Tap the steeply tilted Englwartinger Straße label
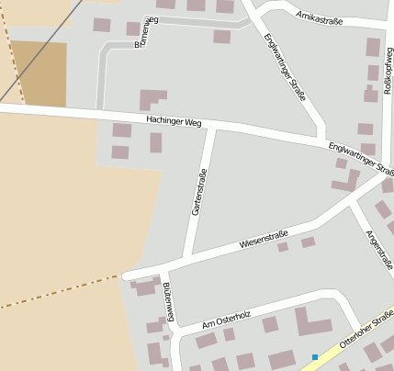pos(284,67)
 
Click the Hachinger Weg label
pos(173,121)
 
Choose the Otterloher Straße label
pos(366,329)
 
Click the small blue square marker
pos(314,356)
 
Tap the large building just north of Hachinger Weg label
pos(152,99)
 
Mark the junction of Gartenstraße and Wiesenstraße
pos(190,254)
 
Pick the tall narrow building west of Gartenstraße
pos(156,142)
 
